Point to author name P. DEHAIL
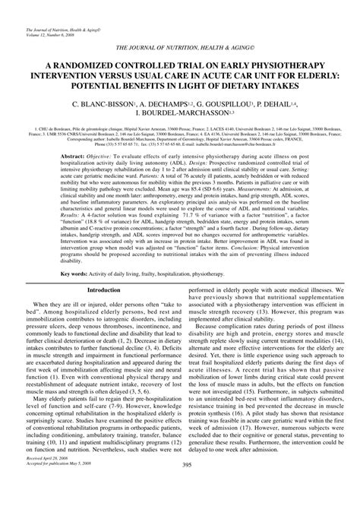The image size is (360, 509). (302, 109)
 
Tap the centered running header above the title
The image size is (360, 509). (180, 48)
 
